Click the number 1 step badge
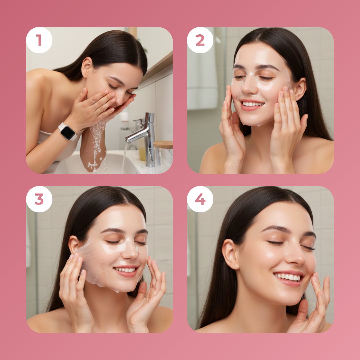[x=39, y=40]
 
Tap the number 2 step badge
[x=200, y=40]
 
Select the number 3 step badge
[x=39, y=199]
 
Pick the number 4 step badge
[x=200, y=199]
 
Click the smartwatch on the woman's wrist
[x=68, y=132]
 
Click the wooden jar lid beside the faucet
[x=163, y=144]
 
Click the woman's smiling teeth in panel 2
[x=252, y=104]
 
